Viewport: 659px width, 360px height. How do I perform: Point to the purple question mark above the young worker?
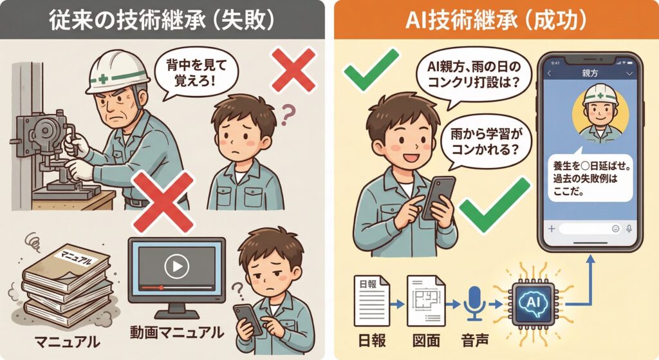[288, 115]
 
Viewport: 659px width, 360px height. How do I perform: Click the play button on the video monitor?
[176, 266]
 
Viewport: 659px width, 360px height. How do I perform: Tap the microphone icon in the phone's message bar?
[628, 229]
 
